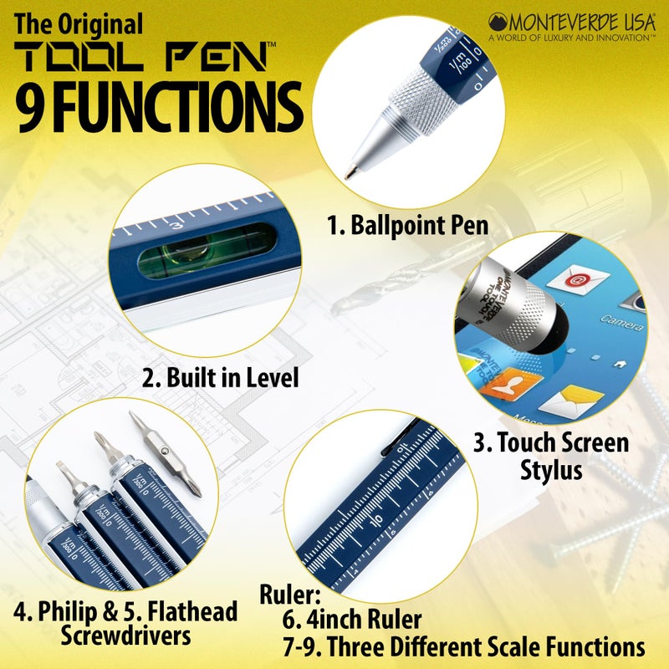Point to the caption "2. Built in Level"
pyautogui.click(x=220, y=377)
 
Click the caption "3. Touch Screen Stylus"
pyautogui.click(x=551, y=455)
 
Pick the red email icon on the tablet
pyautogui.click(x=575, y=278)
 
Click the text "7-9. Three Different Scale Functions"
pyautogui.click(x=465, y=647)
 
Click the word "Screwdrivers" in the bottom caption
pyautogui.click(x=125, y=636)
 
